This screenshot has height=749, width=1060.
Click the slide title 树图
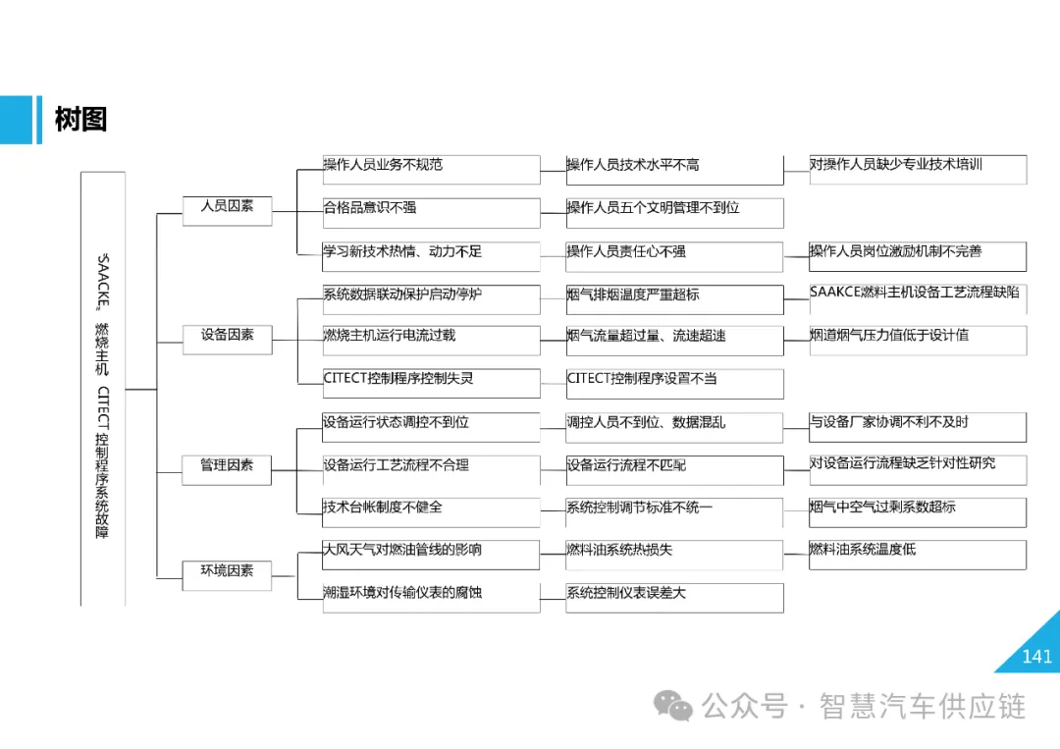[80, 120]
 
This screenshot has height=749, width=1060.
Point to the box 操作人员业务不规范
[431, 169]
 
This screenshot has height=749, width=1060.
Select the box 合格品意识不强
[431, 212]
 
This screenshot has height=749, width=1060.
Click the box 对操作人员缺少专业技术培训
[918, 169]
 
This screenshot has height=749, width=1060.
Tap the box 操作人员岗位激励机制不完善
[918, 255]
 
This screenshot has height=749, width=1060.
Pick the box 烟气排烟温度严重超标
[674, 297]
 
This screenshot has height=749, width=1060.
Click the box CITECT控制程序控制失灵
[431, 382]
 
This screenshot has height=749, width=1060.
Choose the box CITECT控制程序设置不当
[674, 382]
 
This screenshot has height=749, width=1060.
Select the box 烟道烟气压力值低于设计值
[918, 339]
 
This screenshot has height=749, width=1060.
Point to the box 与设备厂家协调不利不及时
[918, 426]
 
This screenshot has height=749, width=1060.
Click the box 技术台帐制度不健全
[431, 511]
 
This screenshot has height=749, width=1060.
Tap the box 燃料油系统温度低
[918, 554]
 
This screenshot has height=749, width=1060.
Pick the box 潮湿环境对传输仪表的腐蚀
[431, 597]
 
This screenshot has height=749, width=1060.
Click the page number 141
[1036, 656]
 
